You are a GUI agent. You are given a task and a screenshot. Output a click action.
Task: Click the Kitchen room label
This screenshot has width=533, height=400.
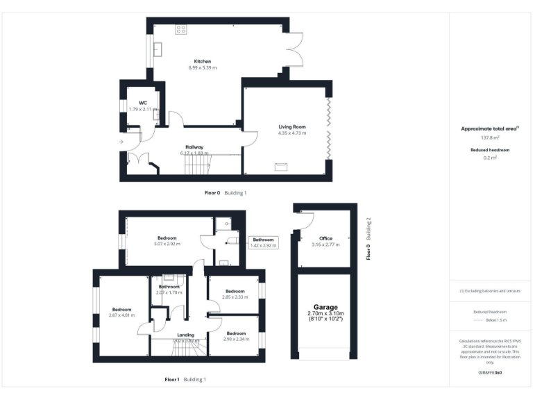click(x=203, y=61)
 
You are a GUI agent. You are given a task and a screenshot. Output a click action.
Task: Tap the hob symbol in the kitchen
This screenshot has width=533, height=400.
click(x=180, y=29)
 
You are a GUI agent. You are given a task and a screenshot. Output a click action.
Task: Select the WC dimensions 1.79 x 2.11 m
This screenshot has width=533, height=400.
click(x=143, y=109)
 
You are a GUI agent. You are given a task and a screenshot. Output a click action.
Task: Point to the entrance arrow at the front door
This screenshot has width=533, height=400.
click(x=122, y=142)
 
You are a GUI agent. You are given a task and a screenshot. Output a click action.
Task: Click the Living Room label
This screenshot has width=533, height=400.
click(x=292, y=127)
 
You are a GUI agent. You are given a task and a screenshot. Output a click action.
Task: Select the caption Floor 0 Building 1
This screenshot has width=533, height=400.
click(x=226, y=193)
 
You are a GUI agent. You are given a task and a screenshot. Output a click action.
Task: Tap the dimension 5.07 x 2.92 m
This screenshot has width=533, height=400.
click(x=167, y=244)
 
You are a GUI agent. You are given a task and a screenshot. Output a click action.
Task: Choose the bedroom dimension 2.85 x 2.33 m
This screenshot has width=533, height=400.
click(x=235, y=297)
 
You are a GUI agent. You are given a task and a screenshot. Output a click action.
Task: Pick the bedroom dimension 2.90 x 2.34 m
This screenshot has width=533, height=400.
click(x=235, y=340)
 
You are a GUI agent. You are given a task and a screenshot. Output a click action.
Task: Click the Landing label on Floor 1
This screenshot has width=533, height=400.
click(x=186, y=335)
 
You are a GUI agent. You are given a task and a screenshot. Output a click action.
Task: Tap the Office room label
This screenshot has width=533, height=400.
click(x=325, y=238)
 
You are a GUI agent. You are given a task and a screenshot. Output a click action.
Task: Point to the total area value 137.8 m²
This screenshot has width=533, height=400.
click(x=491, y=137)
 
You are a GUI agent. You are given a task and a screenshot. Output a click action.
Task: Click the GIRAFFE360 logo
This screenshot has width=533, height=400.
click(x=491, y=373)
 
